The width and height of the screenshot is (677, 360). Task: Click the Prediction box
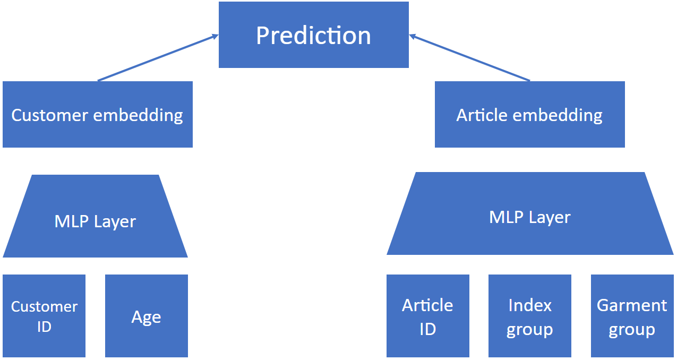(313, 35)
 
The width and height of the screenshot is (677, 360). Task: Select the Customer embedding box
(97, 115)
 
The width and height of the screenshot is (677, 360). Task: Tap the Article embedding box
(529, 115)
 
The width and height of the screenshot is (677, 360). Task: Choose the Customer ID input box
(44, 316)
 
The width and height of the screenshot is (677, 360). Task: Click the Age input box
(146, 316)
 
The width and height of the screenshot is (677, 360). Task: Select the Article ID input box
(427, 316)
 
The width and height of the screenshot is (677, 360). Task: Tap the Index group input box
(529, 316)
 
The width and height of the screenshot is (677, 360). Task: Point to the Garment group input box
(632, 316)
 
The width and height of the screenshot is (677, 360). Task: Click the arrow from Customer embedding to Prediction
(158, 58)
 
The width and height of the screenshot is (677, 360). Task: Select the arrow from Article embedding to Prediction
(470, 58)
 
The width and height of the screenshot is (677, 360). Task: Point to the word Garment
(632, 305)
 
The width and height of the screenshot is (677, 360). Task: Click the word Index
(529, 305)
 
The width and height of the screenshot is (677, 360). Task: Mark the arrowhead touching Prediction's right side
(413, 36)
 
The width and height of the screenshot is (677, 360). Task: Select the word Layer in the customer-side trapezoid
(114, 221)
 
